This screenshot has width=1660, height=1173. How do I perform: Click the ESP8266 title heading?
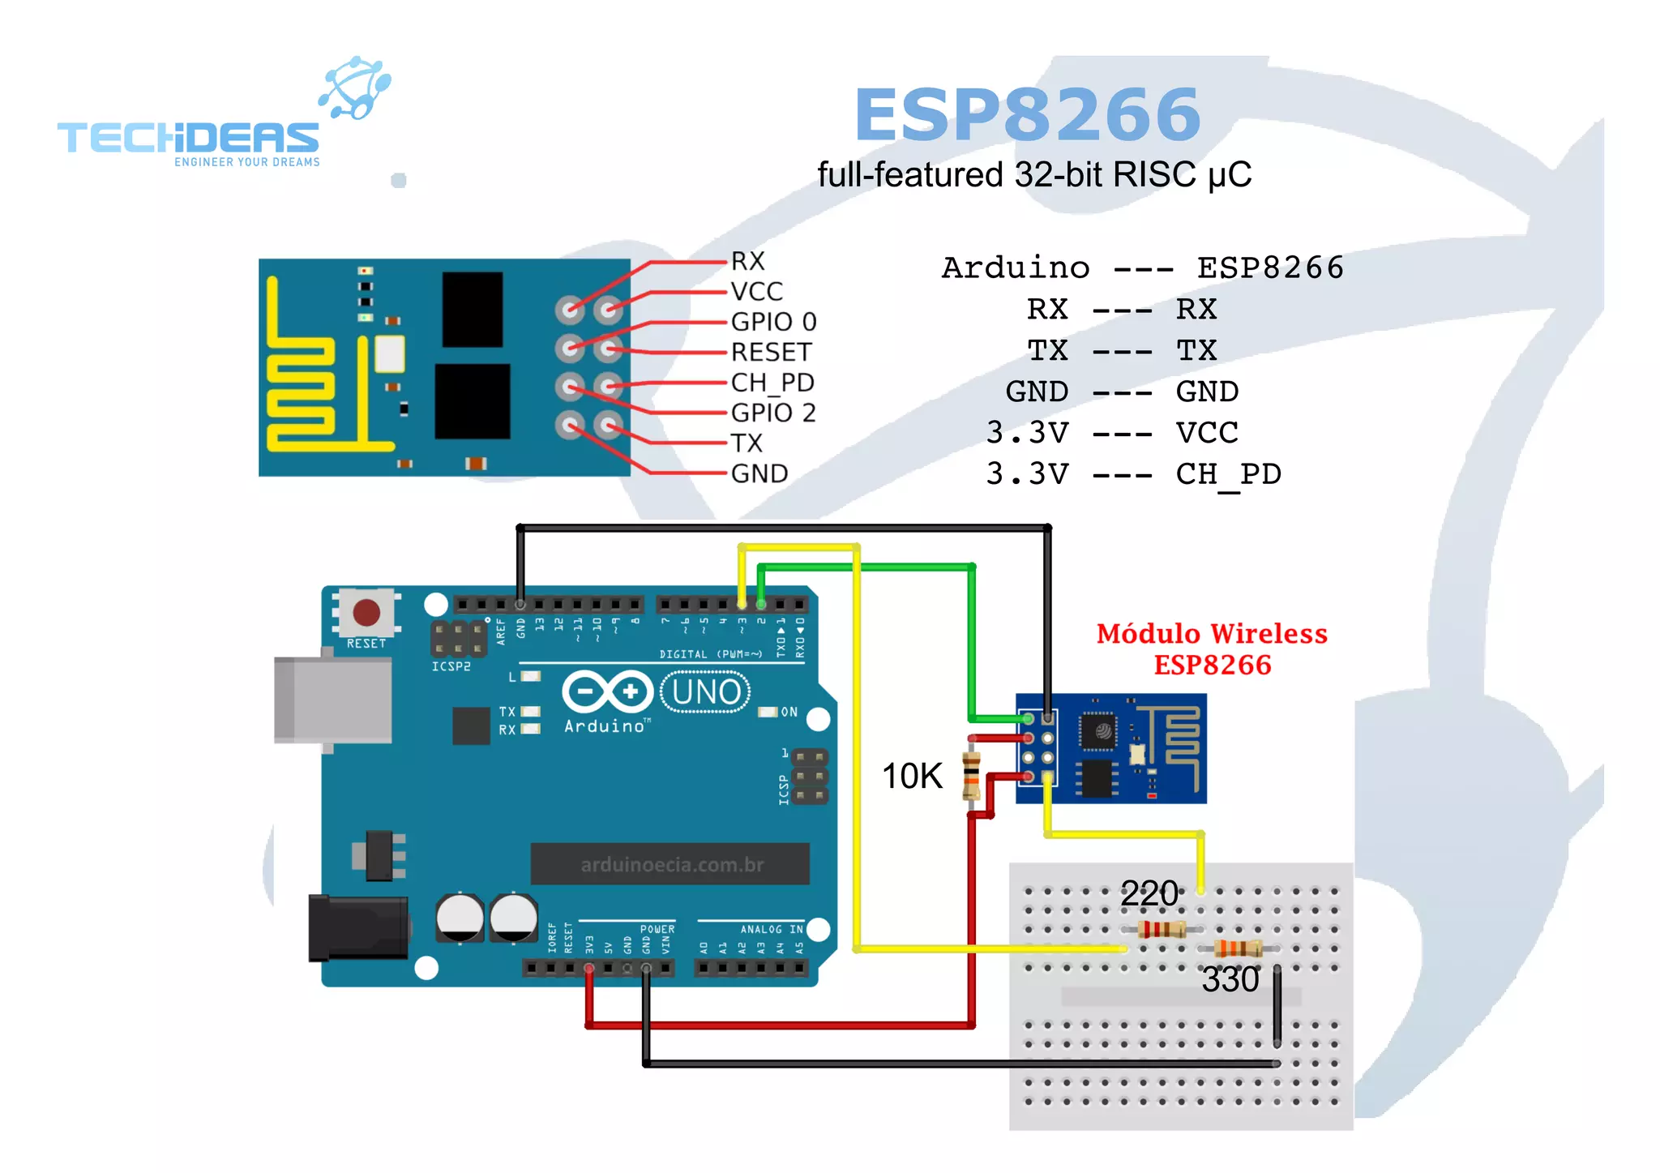tap(1027, 115)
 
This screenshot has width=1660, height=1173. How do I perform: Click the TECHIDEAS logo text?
tap(188, 138)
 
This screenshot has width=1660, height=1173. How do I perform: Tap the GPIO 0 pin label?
tap(773, 322)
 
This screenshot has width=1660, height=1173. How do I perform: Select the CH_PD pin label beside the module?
tap(772, 383)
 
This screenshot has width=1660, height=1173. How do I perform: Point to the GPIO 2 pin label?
tap(772, 413)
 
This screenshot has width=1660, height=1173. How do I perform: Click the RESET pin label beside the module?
tap(770, 353)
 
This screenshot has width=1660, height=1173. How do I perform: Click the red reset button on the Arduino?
tap(366, 613)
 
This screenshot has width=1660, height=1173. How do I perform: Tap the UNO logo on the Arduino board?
tap(706, 692)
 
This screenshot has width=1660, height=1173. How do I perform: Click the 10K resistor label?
tap(912, 776)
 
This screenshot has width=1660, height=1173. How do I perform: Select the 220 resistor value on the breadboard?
tap(1149, 893)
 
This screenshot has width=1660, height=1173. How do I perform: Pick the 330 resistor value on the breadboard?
tap(1230, 979)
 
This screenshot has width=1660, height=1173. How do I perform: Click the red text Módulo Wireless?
tap(1212, 634)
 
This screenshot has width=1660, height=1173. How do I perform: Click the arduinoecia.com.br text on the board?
tap(671, 865)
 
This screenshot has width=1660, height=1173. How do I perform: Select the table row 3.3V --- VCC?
tap(1112, 433)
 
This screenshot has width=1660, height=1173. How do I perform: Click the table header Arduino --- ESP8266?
tap(1142, 268)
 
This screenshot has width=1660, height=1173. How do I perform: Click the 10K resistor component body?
tap(971, 776)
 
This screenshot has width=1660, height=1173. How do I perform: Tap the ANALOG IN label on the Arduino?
tap(771, 929)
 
